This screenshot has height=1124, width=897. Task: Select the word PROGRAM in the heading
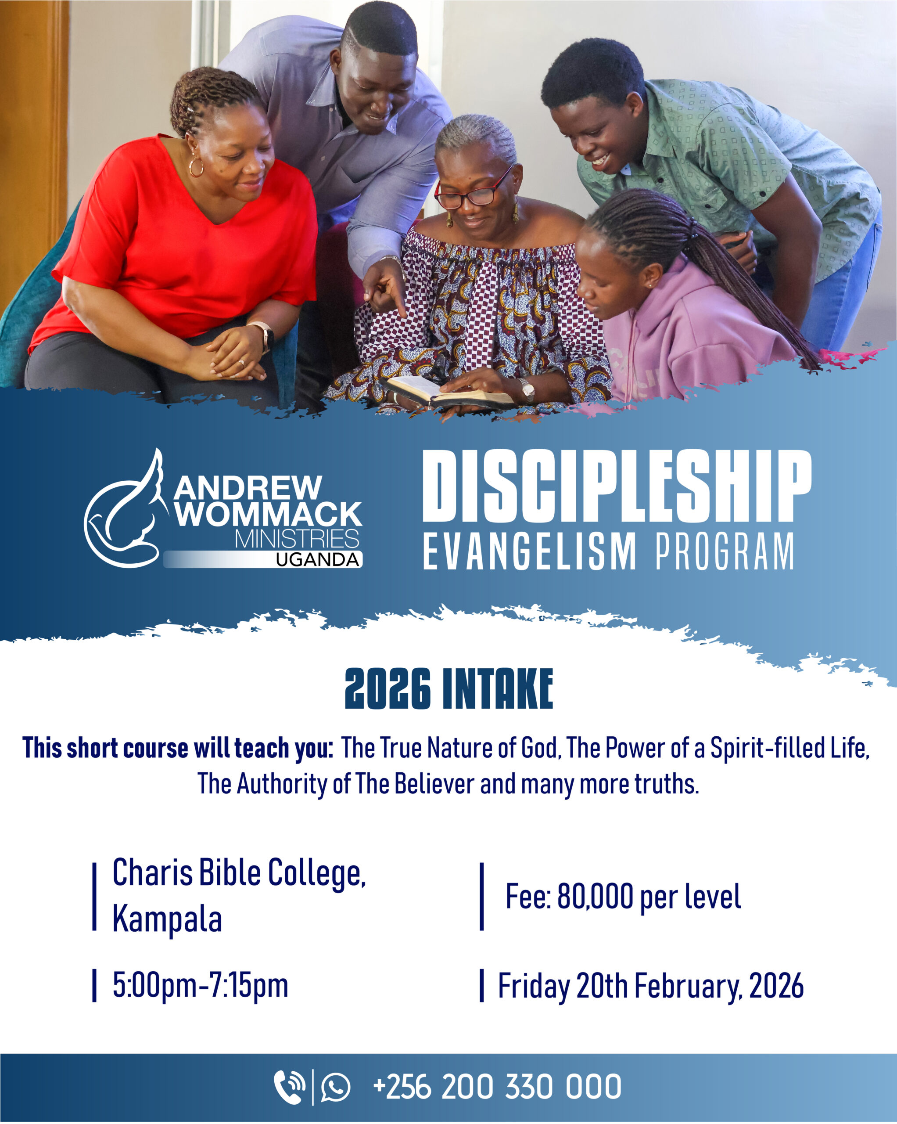point(725,551)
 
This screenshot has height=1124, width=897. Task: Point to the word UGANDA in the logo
point(317,560)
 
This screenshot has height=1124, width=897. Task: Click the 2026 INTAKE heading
point(449,689)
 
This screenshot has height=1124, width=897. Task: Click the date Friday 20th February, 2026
point(650,987)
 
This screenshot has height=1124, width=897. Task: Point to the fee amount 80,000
point(595,897)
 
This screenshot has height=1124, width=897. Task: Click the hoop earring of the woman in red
point(196,167)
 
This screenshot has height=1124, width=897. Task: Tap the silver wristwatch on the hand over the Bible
point(527,389)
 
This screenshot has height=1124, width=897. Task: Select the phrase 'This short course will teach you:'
point(178,748)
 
